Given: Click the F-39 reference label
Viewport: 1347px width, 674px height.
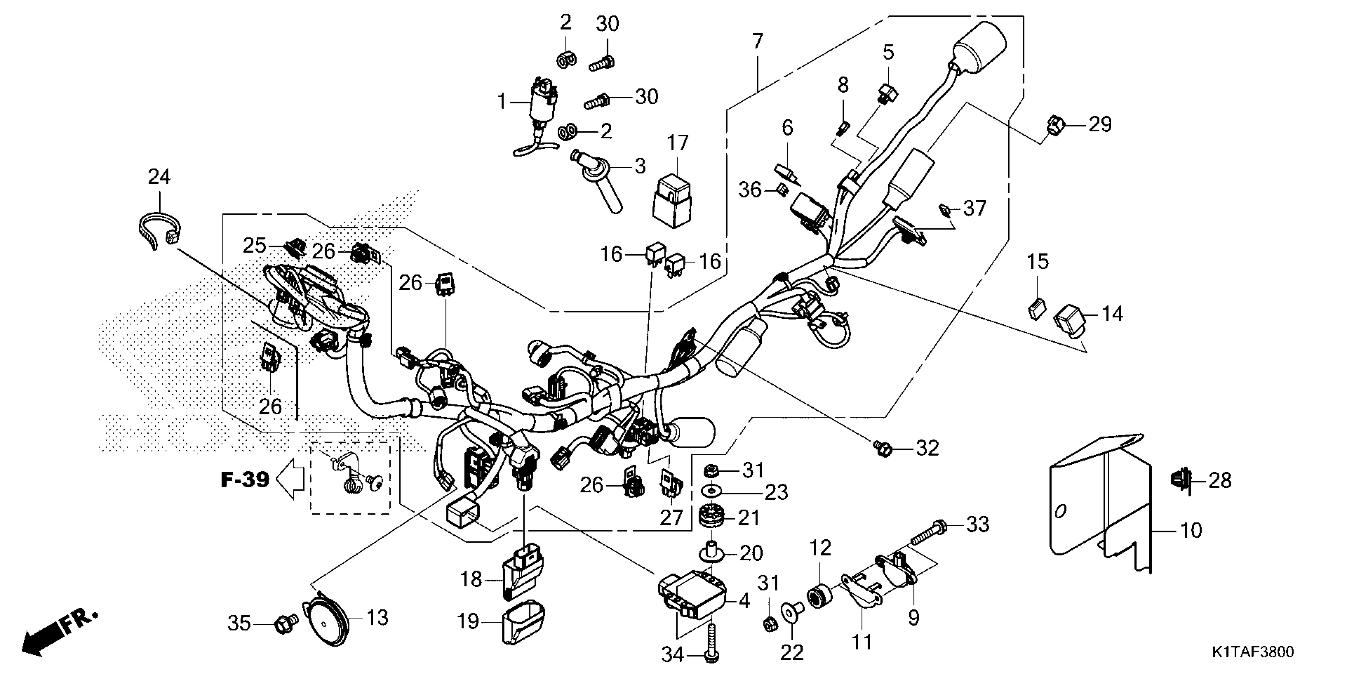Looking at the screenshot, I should [x=245, y=479].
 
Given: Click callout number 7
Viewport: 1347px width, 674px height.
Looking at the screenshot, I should [x=757, y=41].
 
